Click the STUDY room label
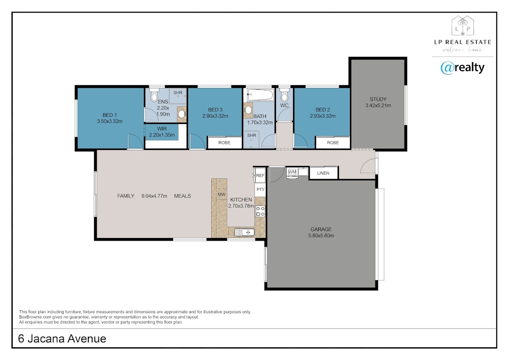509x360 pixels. [378, 99]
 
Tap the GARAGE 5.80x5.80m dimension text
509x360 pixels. [321, 236]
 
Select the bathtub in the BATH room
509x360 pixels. [260, 95]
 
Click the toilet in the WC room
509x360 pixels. [284, 96]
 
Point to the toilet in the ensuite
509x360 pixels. [154, 96]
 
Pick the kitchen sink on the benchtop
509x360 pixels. [244, 232]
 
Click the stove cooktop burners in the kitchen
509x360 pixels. [260, 211]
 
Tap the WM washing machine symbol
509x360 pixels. [292, 172]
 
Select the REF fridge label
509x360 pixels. [260, 176]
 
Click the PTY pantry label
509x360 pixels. [260, 189]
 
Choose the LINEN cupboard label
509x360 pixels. [323, 173]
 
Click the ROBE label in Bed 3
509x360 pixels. [224, 143]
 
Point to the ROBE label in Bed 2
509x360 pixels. [333, 143]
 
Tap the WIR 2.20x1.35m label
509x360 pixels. [162, 132]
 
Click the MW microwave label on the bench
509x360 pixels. [221, 194]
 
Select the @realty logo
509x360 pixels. [462, 68]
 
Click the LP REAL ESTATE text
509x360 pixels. [463, 42]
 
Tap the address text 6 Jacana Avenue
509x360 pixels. [62, 339]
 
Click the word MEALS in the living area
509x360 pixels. [182, 196]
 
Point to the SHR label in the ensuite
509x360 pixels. [178, 93]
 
